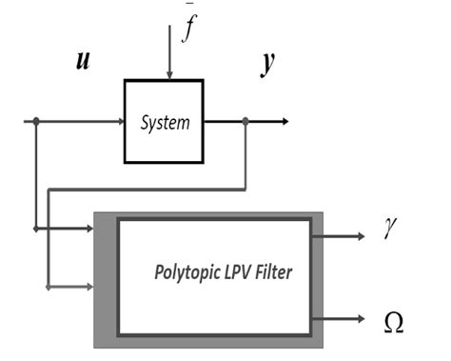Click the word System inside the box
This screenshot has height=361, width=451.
coord(164,122)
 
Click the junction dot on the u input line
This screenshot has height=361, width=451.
coord(36,121)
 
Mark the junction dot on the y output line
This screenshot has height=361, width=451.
coord(246,121)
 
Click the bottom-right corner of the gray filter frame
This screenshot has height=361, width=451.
coord(323,347)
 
